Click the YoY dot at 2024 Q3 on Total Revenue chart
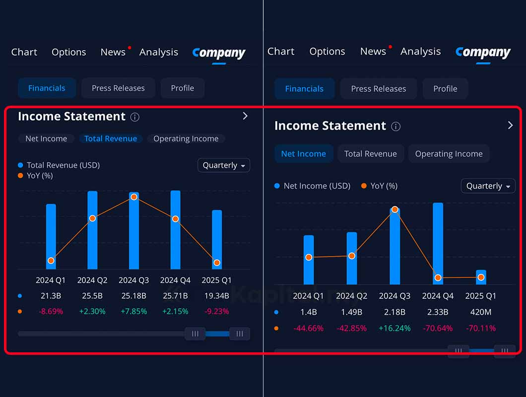pos(134,197)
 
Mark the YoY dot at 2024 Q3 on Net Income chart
pos(395,209)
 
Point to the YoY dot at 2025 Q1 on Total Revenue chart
pos(217,263)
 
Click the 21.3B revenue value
pos(51,296)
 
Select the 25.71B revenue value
pos(175,296)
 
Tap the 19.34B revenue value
pos(216,296)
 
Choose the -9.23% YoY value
pos(216,311)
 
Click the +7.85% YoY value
pos(133,311)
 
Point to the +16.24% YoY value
pos(394,328)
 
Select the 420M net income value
pos(481,312)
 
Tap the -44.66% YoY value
pos(308,328)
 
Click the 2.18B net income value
pos(394,312)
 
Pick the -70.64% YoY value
pos(438,328)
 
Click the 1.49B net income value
pos(351,312)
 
